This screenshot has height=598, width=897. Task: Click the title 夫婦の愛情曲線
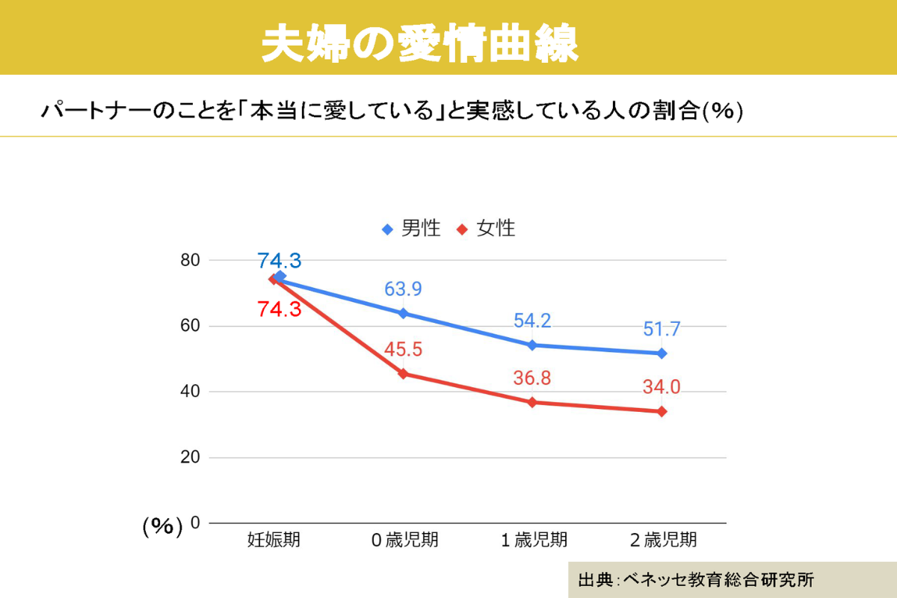419,45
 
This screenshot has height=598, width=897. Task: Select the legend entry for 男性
412,229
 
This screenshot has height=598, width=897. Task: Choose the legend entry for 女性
487,229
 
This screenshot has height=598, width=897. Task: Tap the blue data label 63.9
404,289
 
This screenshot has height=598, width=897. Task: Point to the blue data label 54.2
532,321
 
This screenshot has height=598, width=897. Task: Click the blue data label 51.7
661,329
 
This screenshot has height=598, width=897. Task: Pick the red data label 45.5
404,349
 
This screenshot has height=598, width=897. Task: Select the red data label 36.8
532,378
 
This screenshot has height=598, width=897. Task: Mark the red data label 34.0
661,387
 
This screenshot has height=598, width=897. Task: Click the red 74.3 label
279,309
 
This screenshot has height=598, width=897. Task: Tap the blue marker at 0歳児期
404,313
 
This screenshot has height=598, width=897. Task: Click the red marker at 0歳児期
404,374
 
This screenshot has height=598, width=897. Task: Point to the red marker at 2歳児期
662,411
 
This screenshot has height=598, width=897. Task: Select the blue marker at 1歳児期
532,345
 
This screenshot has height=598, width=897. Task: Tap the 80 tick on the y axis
190,260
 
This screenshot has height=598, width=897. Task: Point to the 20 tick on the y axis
190,457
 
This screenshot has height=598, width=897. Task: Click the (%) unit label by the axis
162,526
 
